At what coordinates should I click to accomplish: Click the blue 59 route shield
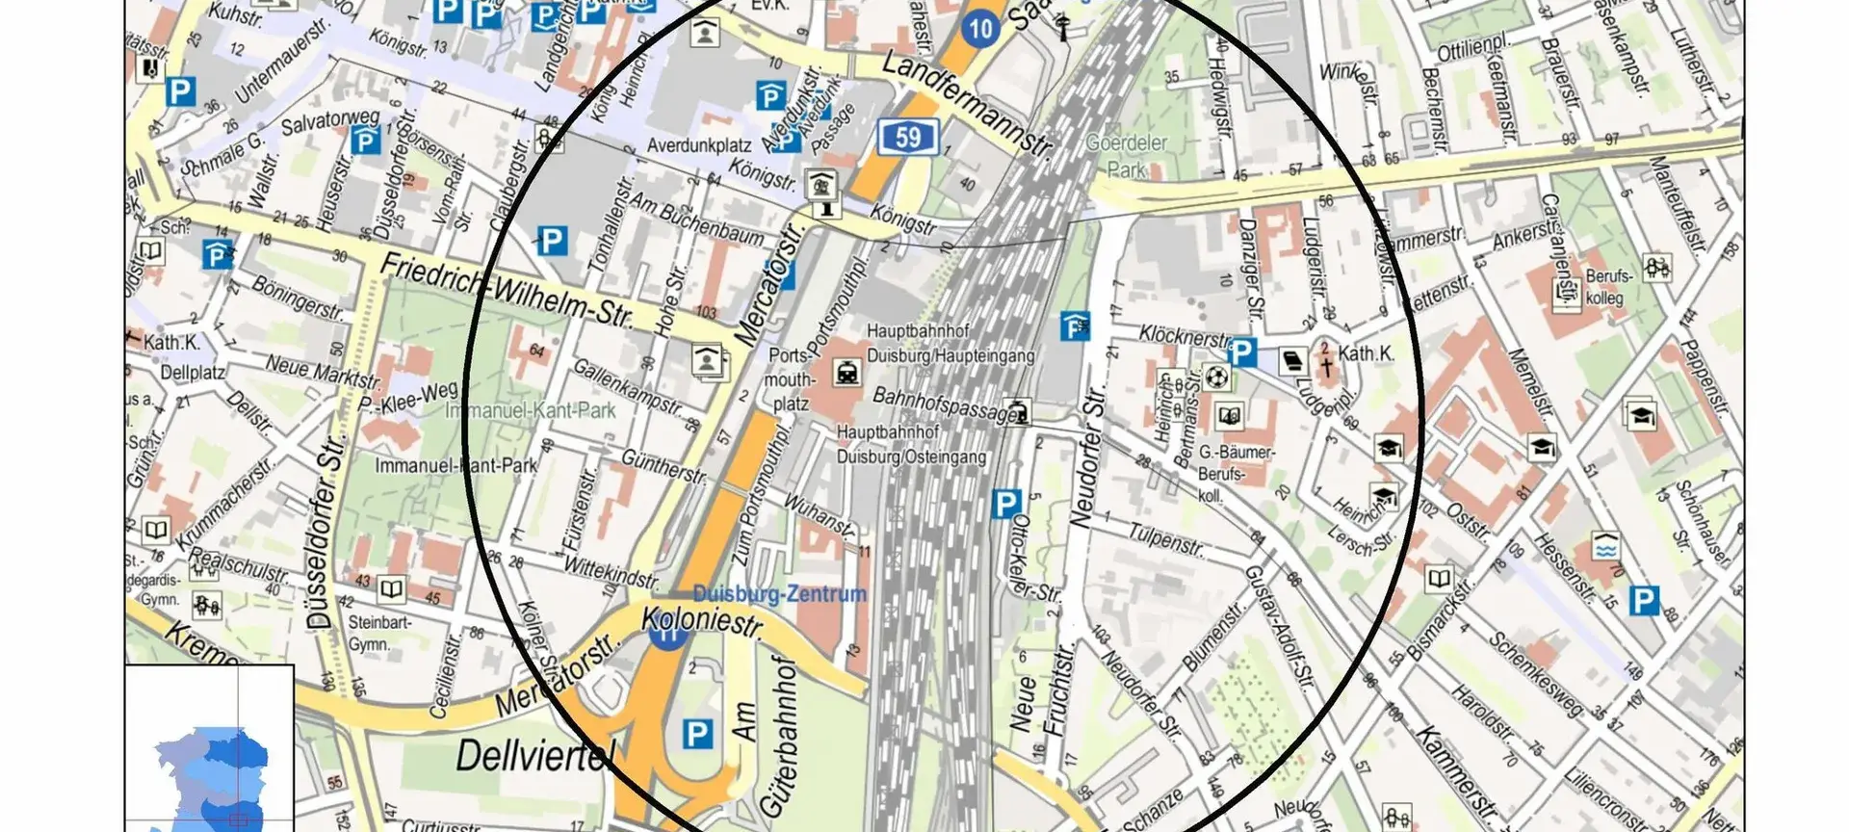point(907,138)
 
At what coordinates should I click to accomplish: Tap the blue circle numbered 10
point(980,28)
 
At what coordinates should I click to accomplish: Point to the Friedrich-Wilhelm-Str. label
point(507,290)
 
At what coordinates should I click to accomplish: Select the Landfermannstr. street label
point(967,107)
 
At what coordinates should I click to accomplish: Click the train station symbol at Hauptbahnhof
point(846,372)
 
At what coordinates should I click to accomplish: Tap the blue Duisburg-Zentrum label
point(779,594)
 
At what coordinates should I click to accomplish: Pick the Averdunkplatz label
point(698,146)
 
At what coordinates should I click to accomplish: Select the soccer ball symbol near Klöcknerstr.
point(1218,376)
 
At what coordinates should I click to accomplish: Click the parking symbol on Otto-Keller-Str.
point(1005,503)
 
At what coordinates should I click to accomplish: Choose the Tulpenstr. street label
point(1166,540)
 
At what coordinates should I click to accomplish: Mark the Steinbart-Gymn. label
point(379,633)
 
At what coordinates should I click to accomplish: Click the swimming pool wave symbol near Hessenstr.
point(1604,547)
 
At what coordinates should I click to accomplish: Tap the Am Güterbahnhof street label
point(767,740)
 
